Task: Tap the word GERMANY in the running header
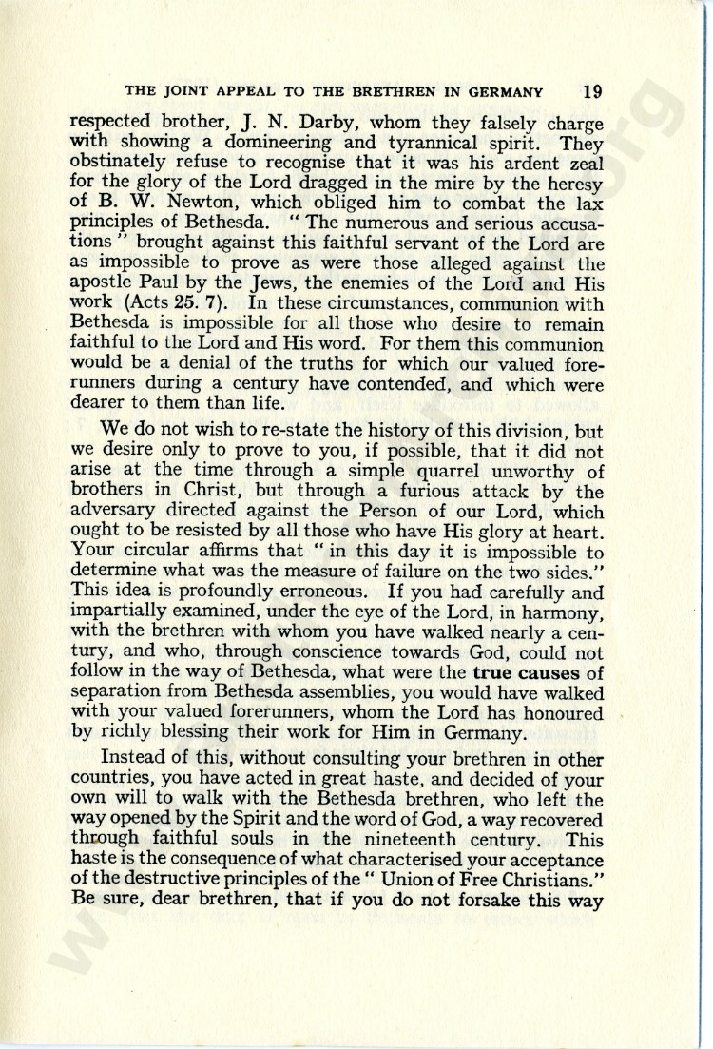coord(505,93)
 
